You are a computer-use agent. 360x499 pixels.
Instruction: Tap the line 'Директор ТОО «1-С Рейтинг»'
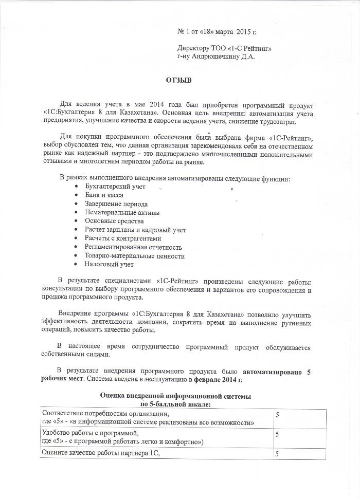point(224,49)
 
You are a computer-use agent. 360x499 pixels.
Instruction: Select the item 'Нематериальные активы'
point(122,213)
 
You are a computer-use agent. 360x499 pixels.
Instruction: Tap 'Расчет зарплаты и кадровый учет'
point(136,230)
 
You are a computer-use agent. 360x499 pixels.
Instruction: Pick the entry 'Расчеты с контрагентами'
point(123,238)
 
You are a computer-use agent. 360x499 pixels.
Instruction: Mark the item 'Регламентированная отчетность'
point(134,247)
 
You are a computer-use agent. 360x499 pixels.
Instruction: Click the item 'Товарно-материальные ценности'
point(135,256)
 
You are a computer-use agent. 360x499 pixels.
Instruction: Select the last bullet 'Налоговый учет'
point(110,264)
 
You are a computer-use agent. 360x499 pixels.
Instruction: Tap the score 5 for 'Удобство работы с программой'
point(277,434)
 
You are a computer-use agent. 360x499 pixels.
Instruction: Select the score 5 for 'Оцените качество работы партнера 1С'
point(277,453)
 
